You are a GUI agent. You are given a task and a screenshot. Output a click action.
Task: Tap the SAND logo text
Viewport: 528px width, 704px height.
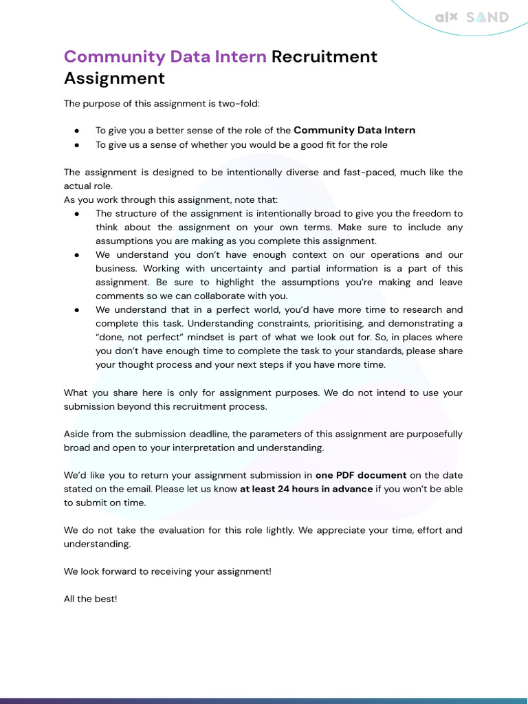(x=487, y=17)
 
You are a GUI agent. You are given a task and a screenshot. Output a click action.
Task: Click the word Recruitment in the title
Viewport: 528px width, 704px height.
(x=324, y=56)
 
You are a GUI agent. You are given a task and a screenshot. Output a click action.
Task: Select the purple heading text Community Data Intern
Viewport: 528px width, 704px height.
(x=165, y=56)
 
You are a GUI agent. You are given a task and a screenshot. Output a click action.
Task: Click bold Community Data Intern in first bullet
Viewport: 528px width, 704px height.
(x=354, y=130)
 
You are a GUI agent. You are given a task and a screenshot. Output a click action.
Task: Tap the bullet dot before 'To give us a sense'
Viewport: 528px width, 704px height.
(x=77, y=145)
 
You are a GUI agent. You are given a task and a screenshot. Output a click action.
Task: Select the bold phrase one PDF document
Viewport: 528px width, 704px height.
(x=360, y=475)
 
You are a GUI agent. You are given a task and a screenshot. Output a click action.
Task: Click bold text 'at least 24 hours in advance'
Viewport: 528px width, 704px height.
(x=306, y=489)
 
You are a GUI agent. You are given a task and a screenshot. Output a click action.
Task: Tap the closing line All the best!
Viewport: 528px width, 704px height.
(x=91, y=599)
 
